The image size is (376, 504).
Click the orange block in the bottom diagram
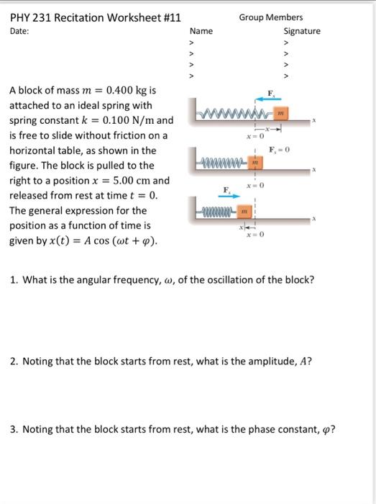(x=243, y=212)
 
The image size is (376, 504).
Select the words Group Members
(x=271, y=17)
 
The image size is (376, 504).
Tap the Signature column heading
(x=302, y=31)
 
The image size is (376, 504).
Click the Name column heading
(x=201, y=31)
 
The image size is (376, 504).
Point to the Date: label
(x=20, y=32)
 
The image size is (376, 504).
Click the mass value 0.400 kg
(x=129, y=91)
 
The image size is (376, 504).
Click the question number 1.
(x=13, y=279)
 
